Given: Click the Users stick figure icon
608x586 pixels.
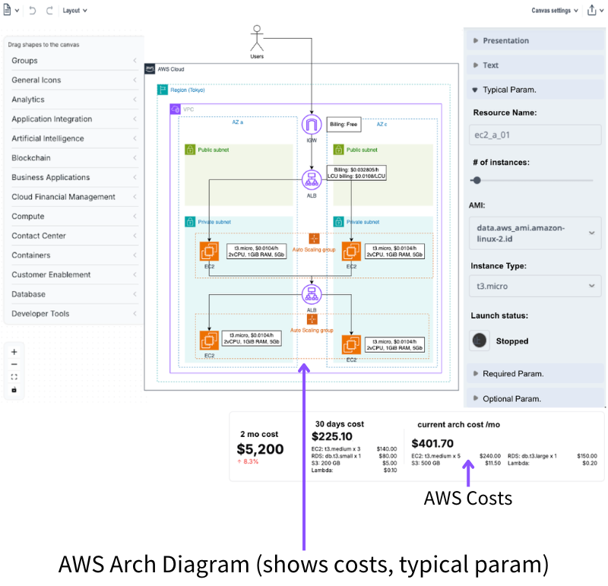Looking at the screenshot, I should (257, 39).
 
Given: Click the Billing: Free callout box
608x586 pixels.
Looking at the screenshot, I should (344, 124).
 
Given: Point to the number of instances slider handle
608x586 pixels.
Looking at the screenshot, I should (477, 180).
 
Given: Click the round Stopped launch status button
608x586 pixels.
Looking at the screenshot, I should (480, 341).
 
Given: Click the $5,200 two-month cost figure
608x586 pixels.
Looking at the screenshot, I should (260, 449).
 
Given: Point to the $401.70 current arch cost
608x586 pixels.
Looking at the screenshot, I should (432, 443).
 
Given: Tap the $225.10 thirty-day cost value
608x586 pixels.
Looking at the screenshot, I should (332, 436).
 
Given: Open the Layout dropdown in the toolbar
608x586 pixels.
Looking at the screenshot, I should (74, 11).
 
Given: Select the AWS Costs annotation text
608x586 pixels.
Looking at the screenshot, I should (468, 499).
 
